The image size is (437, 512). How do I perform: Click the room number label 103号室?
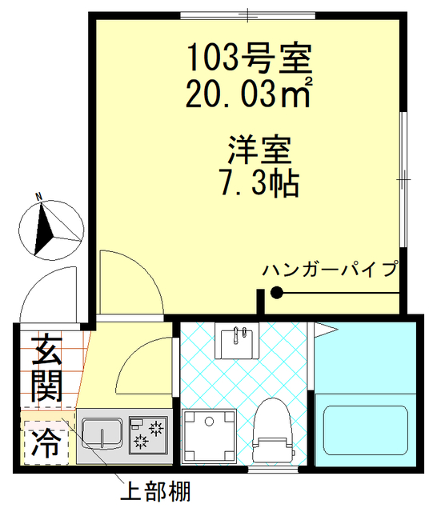248,57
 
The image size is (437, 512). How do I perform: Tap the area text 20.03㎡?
248,95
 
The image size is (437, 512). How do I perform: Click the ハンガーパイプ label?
329,269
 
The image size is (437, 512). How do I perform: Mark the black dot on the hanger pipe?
276,294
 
